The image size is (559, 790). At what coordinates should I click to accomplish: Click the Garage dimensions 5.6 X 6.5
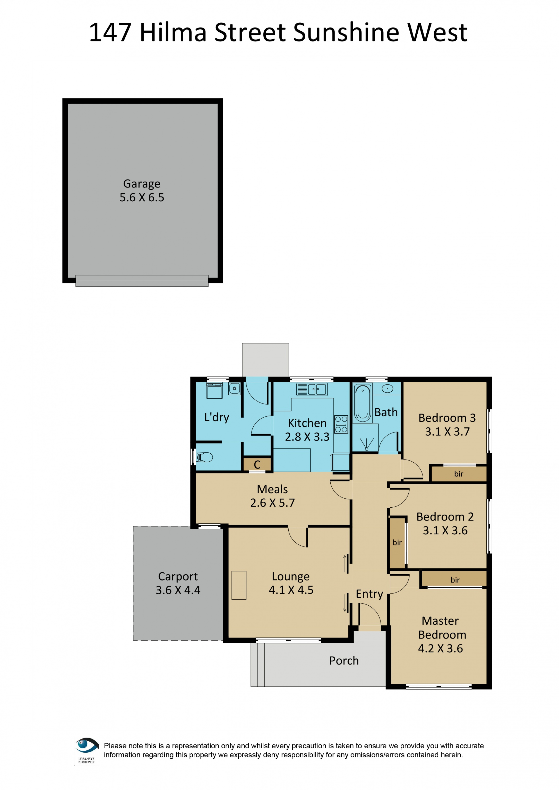coord(142,197)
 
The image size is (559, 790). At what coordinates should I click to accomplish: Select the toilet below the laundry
coord(205,457)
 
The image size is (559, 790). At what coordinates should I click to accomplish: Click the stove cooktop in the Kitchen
coord(341,424)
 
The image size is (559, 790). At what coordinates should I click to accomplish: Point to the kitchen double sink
coord(316,389)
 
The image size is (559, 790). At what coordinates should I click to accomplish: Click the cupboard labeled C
coord(257,464)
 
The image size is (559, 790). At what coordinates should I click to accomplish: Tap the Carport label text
coord(178,576)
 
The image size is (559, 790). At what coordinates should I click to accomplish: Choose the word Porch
coord(344,661)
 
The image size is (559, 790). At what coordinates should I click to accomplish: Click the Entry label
coord(369,594)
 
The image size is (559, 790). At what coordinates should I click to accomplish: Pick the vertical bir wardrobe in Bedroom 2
coord(397,543)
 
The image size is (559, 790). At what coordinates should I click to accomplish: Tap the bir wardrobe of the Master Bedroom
coord(455,580)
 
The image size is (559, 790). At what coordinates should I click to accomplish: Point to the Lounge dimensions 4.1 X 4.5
coord(291,590)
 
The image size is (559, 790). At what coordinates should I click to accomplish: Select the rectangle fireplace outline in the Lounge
coord(239,585)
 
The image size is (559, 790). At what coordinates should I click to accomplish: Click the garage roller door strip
coord(142,281)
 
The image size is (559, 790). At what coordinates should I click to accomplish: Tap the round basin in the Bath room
coord(388,389)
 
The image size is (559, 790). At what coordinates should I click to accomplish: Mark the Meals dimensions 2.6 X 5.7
coord(272,503)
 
